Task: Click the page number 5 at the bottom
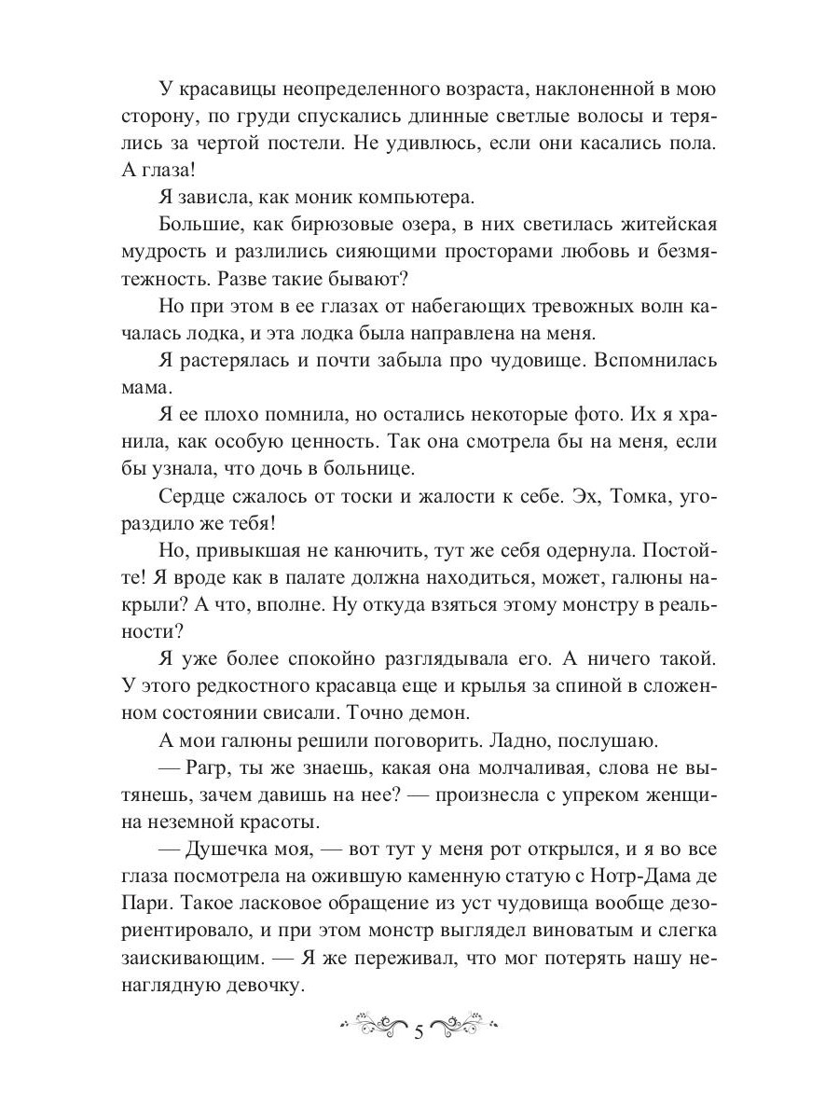click(419, 1031)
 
